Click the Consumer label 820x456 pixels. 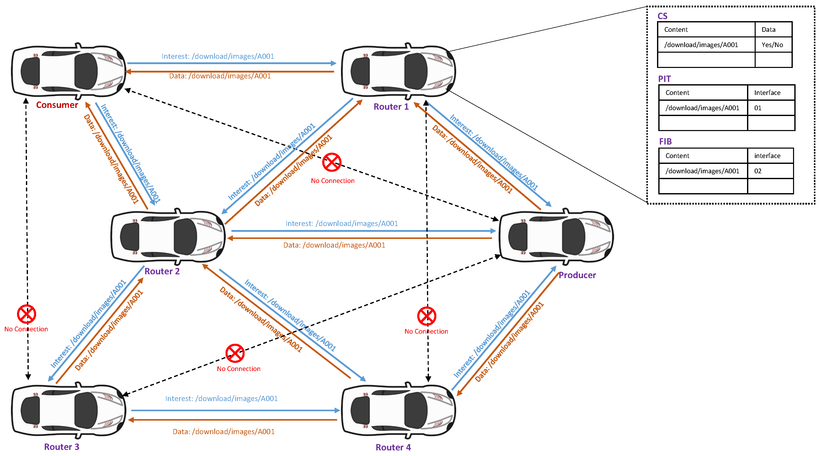click(57, 105)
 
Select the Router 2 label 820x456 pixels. click(162, 271)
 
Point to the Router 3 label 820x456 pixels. click(62, 447)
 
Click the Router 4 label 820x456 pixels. click(393, 447)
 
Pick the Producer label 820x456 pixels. click(577, 275)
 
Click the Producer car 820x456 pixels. click(556, 236)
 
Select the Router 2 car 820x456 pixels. click(168, 237)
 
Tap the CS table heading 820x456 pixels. click(662, 16)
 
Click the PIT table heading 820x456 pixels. click(664, 79)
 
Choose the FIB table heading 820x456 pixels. click(665, 141)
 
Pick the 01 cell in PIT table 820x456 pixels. click(758, 108)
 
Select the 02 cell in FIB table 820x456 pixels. click(758, 171)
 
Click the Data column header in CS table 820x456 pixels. click(768, 30)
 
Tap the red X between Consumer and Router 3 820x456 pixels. click(26, 314)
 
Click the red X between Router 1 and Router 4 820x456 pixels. click(427, 316)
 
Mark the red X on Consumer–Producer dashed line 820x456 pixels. click(332, 162)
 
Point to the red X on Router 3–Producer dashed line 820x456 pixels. click(235, 353)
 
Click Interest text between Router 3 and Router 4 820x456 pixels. click(221, 399)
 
